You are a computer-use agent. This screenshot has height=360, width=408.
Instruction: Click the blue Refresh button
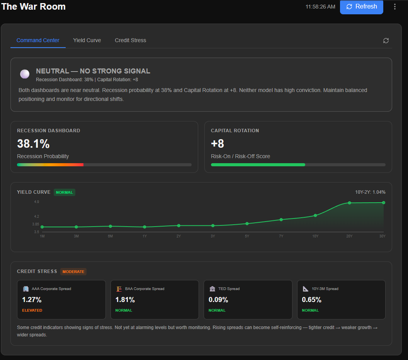(361, 7)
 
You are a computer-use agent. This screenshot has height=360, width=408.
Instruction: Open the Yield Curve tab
(87, 40)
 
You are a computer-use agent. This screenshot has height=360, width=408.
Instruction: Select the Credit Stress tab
(130, 40)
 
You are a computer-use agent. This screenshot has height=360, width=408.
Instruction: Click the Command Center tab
(38, 40)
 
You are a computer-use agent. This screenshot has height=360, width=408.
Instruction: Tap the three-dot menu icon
(394, 7)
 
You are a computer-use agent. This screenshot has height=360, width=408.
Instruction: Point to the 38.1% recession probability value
(33, 144)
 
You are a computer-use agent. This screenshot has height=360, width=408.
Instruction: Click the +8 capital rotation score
(218, 144)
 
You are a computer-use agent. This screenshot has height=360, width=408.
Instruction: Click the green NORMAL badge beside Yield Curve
(65, 192)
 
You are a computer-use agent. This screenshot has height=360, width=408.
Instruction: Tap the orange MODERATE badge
(73, 271)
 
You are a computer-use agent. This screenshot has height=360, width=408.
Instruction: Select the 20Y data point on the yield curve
(349, 203)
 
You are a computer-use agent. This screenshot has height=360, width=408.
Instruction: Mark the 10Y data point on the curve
(315, 215)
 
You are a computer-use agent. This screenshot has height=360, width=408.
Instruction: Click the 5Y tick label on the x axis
(247, 236)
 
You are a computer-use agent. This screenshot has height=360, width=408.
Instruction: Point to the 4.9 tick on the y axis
(36, 202)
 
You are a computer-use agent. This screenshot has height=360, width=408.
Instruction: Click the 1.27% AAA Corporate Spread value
(32, 300)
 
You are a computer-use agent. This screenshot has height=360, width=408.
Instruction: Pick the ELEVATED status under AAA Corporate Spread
(32, 310)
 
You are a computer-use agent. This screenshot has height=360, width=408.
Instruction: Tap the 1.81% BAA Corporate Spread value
(125, 300)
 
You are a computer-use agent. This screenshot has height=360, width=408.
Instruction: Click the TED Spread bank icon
(212, 289)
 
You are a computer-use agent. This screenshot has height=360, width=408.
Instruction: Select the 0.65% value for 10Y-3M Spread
(311, 300)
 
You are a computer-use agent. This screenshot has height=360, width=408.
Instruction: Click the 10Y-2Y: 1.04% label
(370, 192)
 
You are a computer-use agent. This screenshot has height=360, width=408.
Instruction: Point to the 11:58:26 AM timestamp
(320, 7)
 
